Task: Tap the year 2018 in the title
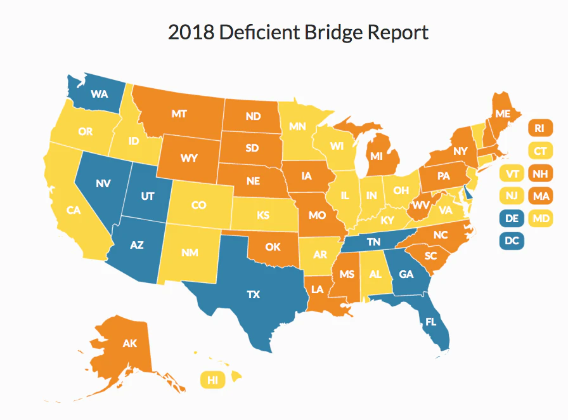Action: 191,32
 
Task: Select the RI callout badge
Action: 539,128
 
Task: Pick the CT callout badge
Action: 539,151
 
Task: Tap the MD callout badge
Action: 539,219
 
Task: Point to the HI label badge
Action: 213,380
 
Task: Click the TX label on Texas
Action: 253,294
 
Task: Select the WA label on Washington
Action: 99,95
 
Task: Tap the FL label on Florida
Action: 431,322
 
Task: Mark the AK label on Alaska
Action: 129,344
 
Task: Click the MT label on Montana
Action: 179,114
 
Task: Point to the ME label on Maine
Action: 503,114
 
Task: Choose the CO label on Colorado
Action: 198,206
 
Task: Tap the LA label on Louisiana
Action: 318,289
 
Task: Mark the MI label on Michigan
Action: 377,155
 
